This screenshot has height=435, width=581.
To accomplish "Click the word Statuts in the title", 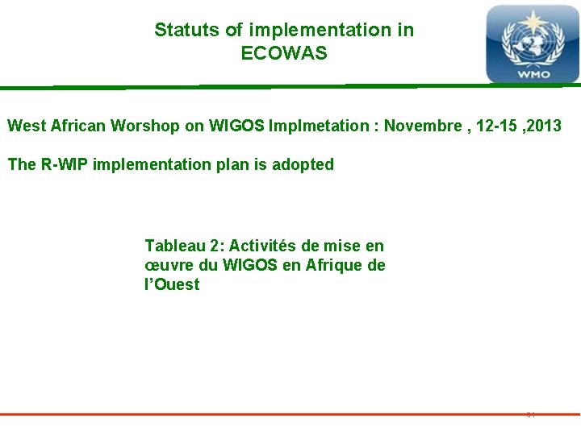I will pyautogui.click(x=187, y=31).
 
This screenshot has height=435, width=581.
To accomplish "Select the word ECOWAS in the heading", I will pyautogui.click(x=284, y=54).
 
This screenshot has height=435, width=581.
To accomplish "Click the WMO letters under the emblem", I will pyautogui.click(x=533, y=74).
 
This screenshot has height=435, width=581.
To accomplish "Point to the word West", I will pyautogui.click(x=25, y=126).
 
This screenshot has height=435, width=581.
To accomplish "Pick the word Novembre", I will pyautogui.click(x=421, y=126).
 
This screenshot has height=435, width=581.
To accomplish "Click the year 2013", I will pyautogui.click(x=543, y=126).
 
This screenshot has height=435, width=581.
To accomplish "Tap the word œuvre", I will pyautogui.click(x=168, y=265).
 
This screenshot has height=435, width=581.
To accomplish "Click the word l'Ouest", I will pyautogui.click(x=171, y=284).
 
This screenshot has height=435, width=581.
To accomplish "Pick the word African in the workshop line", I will pyautogui.click(x=78, y=126).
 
